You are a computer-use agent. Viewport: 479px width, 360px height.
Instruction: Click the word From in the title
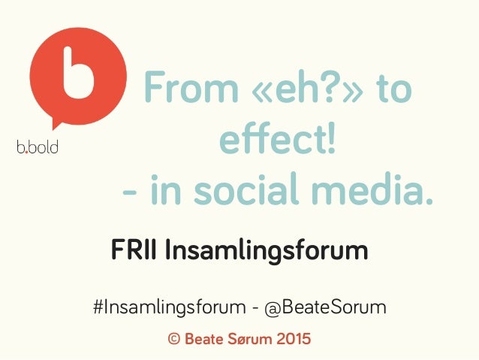point(180,91)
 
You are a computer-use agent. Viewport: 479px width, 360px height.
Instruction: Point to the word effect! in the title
point(276,140)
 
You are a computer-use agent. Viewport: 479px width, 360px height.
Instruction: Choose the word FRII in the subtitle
point(134,249)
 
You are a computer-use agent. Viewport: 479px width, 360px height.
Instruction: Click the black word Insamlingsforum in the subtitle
point(266,250)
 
